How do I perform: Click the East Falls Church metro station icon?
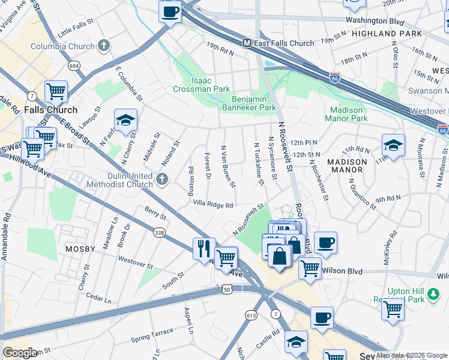246,43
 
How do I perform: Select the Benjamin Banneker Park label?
254,103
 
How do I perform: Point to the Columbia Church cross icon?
104,46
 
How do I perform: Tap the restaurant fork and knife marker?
204,248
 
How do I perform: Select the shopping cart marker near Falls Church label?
56,91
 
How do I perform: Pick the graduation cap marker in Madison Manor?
393,145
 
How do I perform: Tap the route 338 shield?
159,233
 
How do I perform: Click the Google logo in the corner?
20,353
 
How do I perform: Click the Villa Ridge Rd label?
212,205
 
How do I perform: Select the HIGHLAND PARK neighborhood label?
387,34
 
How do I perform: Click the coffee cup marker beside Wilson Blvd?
325,242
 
